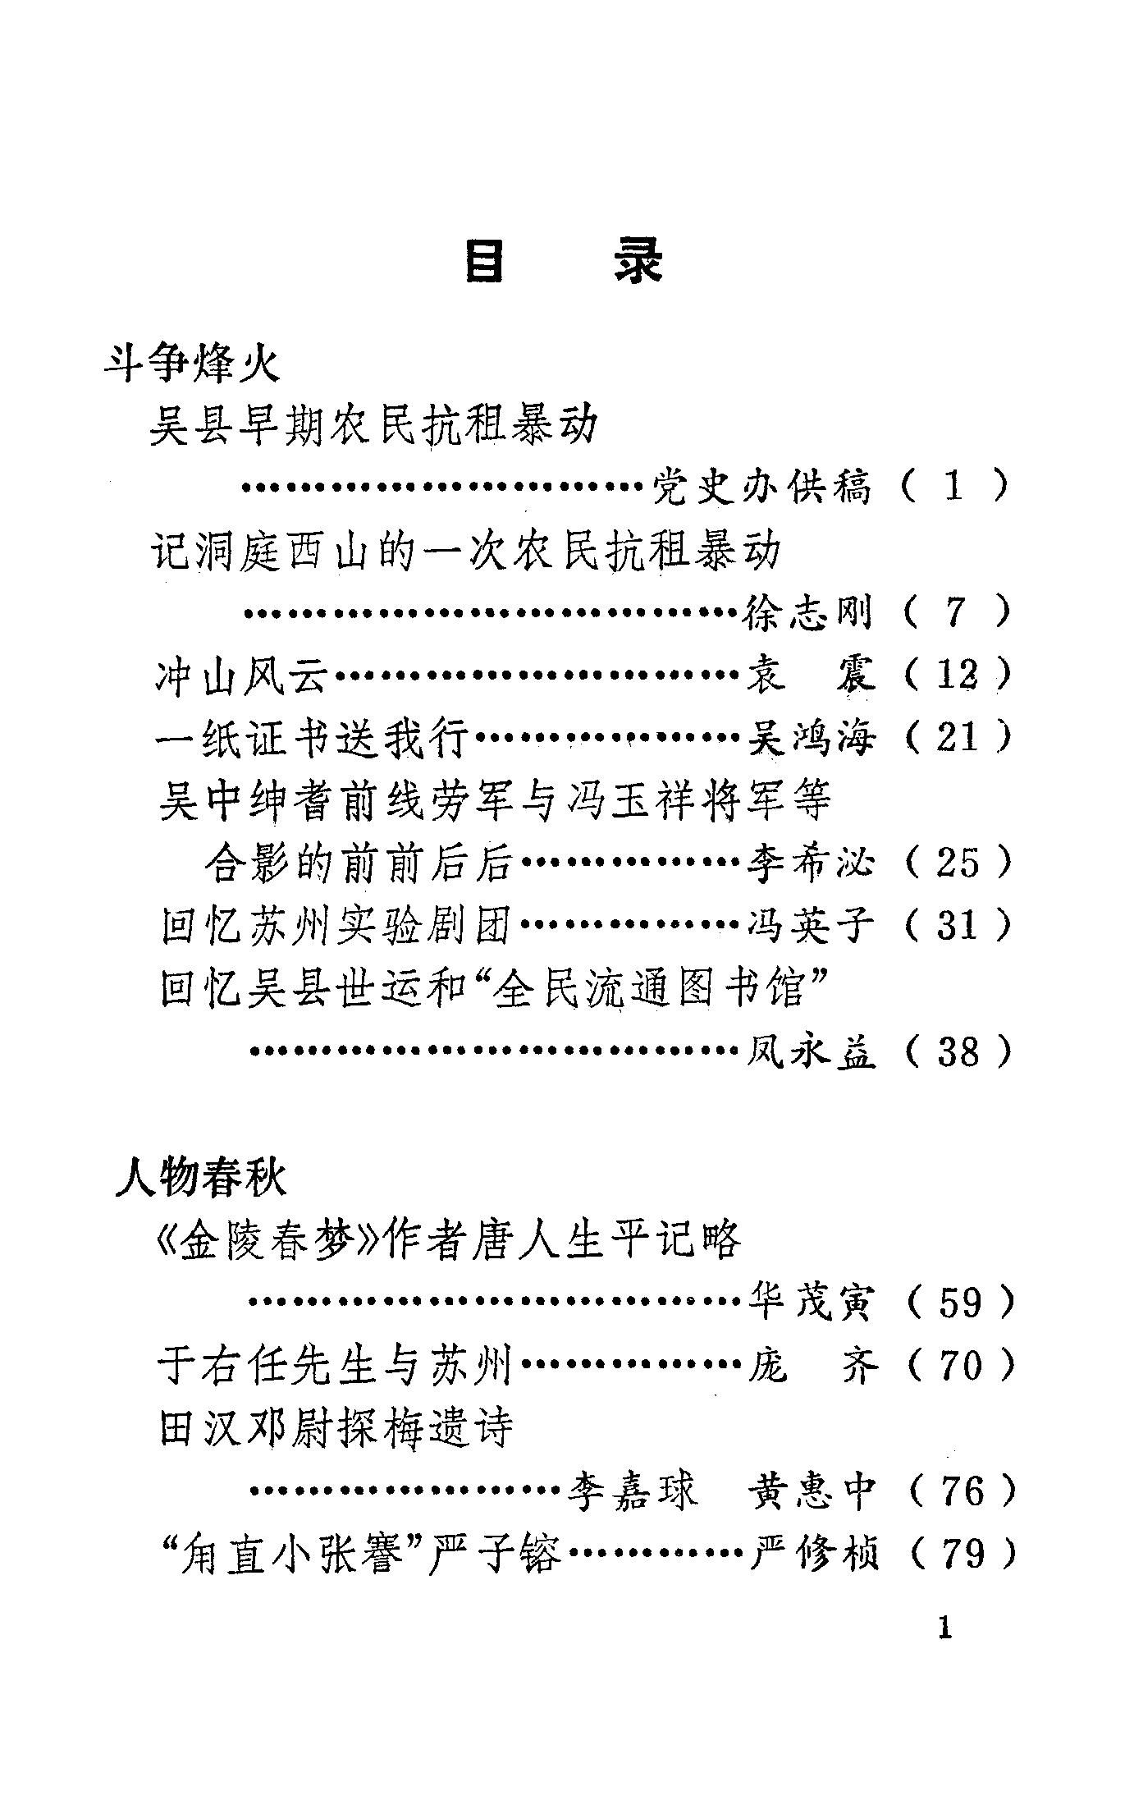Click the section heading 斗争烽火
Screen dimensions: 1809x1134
click(192, 364)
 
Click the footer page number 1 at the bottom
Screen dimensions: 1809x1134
click(945, 1628)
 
